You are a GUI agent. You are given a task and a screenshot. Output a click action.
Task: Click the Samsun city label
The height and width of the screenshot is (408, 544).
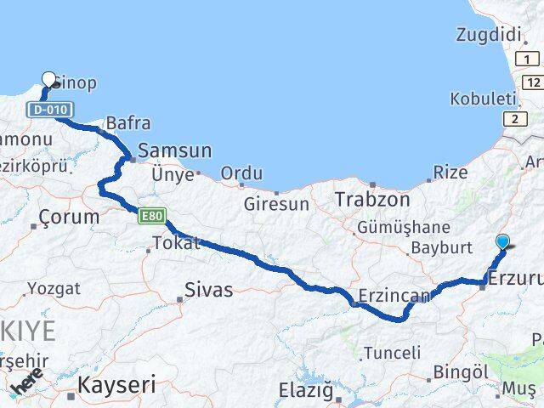point(174,150)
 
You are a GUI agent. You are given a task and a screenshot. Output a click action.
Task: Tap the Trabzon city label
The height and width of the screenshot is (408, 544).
point(372,200)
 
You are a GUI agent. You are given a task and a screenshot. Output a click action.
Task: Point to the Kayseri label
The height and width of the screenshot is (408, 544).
point(116,385)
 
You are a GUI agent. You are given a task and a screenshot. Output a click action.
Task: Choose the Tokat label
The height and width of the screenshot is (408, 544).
point(176,243)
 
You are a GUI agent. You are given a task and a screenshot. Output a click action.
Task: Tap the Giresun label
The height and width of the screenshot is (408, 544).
point(276,204)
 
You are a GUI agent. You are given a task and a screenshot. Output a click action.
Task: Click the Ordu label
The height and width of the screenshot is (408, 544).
point(241,173)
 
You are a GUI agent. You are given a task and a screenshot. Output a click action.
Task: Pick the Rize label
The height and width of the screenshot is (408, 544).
point(450,173)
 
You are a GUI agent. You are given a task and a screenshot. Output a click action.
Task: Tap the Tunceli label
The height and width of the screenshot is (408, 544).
point(391,352)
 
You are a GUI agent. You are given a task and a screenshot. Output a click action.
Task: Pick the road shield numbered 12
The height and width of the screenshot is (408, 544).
point(532,82)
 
